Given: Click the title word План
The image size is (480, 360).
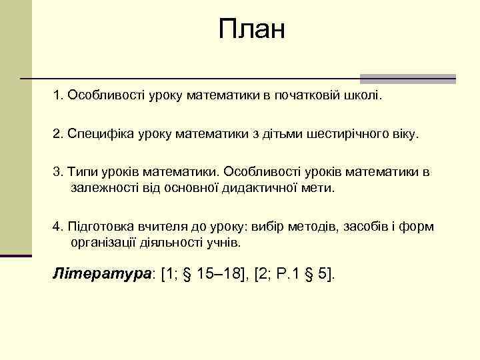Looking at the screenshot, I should click(251, 29).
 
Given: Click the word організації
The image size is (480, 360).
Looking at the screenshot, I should click(101, 242).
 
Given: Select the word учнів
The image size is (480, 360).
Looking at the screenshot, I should click(224, 242).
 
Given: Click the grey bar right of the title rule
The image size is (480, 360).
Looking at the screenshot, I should click(407, 78).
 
